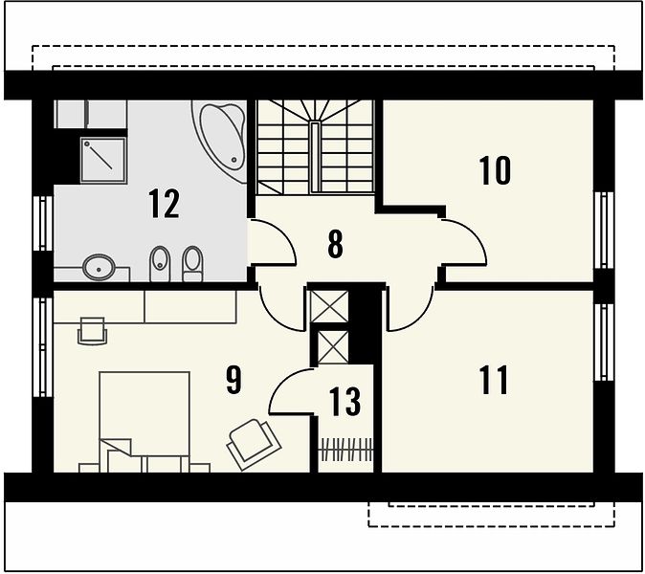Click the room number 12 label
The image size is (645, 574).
165,203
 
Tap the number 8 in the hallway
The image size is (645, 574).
335,244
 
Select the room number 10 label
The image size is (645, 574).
495,170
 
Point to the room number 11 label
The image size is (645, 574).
494,381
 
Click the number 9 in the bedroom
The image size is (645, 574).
234,380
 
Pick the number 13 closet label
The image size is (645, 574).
345,401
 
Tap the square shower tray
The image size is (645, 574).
102,160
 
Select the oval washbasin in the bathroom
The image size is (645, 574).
99,267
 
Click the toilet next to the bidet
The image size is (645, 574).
192,264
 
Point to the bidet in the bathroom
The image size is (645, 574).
160,264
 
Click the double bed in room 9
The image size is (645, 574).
145,422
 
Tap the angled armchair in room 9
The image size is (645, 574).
254,445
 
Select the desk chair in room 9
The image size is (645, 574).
93,331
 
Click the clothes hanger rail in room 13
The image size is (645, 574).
346,450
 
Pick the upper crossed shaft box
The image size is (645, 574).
328,307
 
